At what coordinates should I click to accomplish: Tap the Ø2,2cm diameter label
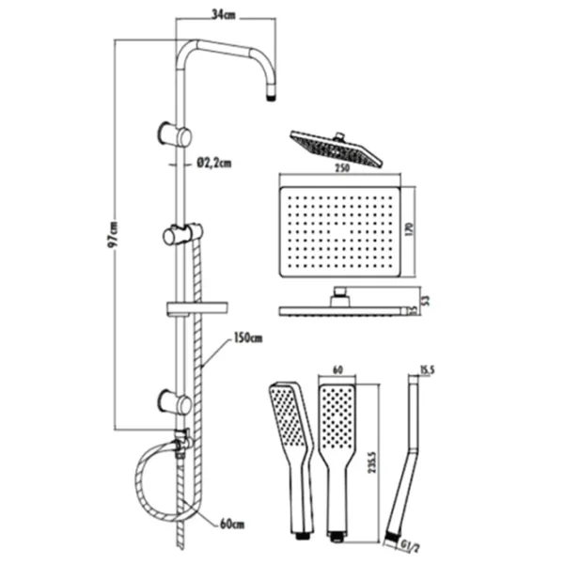click(215, 163)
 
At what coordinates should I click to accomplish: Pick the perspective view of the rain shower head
click(337, 148)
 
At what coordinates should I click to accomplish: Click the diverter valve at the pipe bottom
click(180, 438)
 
